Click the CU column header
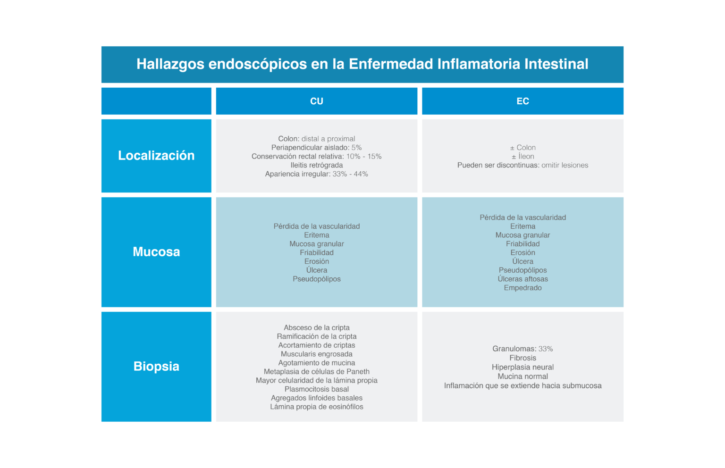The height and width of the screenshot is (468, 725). point(317,101)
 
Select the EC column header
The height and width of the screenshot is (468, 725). point(523,101)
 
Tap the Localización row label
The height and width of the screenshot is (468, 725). point(156,156)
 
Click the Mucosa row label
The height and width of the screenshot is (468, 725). point(156,251)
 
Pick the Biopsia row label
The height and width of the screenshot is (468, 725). point(156,367)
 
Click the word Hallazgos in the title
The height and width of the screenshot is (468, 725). point(170,64)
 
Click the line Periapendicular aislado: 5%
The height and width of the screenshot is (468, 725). point(317,148)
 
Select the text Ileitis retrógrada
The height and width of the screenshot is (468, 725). point(317,165)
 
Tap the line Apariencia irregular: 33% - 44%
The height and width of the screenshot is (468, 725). point(317,174)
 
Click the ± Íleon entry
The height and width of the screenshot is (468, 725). point(523,157)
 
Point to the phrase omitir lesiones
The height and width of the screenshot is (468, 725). point(565,165)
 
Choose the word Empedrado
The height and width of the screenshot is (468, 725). point(523,288)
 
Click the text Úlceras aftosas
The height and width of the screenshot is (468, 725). point(523,279)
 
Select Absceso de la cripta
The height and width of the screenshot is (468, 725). point(317,327)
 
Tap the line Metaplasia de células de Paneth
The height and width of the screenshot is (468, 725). point(317,372)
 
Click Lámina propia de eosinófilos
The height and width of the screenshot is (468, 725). point(317,407)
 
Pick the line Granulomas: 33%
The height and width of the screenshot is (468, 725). point(523,349)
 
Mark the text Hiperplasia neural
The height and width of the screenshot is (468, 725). point(523,368)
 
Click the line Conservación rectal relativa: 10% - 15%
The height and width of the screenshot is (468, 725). point(317,157)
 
